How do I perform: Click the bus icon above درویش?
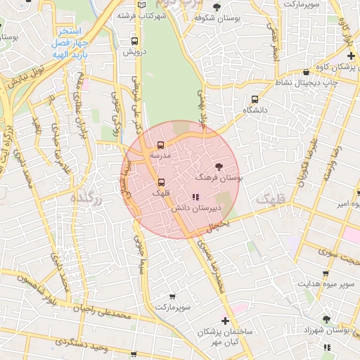(x=134, y=41)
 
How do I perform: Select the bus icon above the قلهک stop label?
(x=161, y=182)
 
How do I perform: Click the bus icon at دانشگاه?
(x=254, y=99)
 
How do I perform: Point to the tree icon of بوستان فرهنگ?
(x=219, y=167)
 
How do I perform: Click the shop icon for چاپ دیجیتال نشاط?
(x=306, y=72)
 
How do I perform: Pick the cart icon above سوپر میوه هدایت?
(x=325, y=274)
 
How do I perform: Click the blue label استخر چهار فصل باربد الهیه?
(x=69, y=41)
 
